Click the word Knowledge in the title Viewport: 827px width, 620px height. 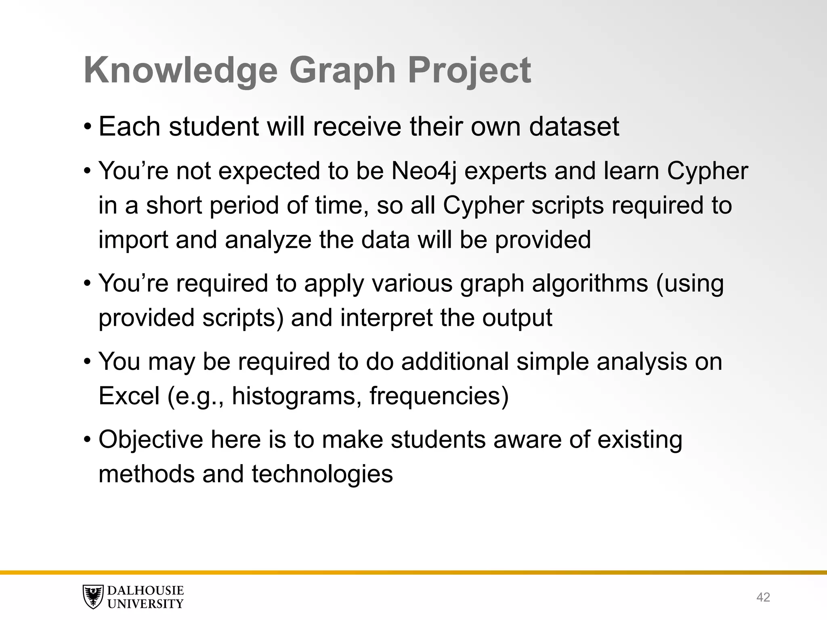click(x=181, y=71)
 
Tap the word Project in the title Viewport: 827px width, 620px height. click(x=469, y=71)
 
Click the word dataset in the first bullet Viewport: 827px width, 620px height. click(x=574, y=127)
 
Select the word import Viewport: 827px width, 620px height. click(x=133, y=240)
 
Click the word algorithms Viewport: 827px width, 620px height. click(x=590, y=283)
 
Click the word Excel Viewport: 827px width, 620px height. click(x=129, y=396)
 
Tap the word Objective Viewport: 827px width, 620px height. click(x=151, y=440)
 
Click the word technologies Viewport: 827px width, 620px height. click(x=322, y=474)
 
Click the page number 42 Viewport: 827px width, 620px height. click(x=763, y=597)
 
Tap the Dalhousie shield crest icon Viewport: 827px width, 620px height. click(x=92, y=597)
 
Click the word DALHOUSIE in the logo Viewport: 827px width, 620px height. click(x=145, y=591)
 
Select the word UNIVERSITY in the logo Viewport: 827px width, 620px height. click(x=145, y=604)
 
